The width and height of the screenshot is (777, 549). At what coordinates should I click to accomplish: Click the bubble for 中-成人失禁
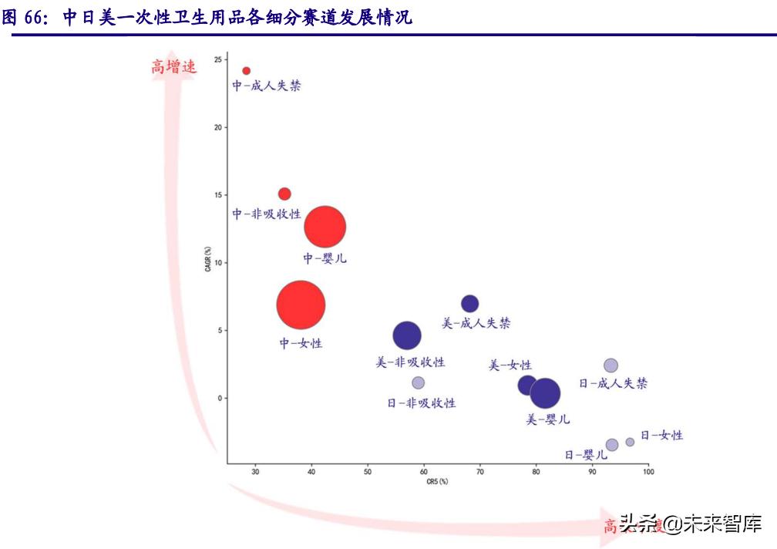(x=246, y=71)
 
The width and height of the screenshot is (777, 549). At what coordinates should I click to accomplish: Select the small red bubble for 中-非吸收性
(x=284, y=194)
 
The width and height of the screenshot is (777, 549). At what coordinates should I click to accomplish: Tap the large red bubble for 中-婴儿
(x=325, y=227)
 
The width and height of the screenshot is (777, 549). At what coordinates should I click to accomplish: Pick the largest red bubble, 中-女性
(x=301, y=305)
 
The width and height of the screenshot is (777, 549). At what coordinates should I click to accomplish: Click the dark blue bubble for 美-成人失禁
(x=469, y=304)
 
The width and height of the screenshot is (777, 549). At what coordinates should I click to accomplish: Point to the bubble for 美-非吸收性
(x=407, y=335)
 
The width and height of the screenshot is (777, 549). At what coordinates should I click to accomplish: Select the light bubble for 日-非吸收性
(x=418, y=382)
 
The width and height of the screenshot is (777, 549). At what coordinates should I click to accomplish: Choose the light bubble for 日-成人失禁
(x=610, y=365)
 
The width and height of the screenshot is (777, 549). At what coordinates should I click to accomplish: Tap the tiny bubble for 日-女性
(x=630, y=442)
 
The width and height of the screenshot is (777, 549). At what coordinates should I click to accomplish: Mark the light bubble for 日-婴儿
(x=612, y=445)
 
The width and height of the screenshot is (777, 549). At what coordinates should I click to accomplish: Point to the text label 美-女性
(x=510, y=365)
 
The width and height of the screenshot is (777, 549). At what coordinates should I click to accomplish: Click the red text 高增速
(x=173, y=67)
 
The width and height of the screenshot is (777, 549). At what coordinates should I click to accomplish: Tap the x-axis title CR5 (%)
(x=437, y=481)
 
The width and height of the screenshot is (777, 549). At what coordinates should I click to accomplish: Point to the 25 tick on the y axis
(x=218, y=59)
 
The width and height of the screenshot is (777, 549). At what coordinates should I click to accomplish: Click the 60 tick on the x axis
(x=423, y=471)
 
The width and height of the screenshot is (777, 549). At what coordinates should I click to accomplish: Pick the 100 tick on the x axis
(x=647, y=471)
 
